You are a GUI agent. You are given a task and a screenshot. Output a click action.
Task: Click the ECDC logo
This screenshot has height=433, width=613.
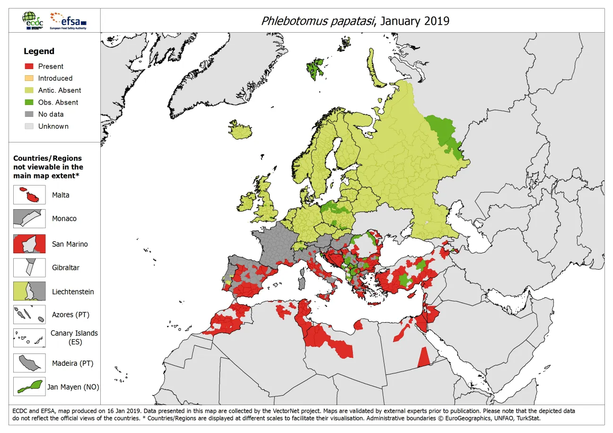[x=34, y=21]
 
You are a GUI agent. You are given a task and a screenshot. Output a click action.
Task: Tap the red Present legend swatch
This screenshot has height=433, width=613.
[x=29, y=66]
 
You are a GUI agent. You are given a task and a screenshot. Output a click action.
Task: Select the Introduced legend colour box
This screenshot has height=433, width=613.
[x=29, y=78]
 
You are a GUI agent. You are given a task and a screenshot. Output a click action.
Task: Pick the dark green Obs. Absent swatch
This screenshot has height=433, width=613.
[x=29, y=102]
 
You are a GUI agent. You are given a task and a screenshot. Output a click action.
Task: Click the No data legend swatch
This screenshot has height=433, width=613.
[x=29, y=114]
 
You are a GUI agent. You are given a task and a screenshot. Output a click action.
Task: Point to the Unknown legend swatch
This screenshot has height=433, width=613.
[x=29, y=126]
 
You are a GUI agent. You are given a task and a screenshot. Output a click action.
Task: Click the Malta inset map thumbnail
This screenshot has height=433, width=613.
[x=29, y=195]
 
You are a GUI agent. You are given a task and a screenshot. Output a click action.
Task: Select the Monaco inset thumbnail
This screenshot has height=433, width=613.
[x=29, y=219]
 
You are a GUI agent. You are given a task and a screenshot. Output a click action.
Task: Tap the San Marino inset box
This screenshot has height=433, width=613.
[x=29, y=244]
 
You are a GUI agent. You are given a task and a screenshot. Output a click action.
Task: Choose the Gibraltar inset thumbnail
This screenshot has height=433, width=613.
[x=29, y=267]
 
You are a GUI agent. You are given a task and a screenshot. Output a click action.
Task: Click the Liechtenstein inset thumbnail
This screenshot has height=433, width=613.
[x=29, y=292]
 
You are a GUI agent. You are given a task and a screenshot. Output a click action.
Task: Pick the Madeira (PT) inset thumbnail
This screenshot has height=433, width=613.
[x=29, y=363]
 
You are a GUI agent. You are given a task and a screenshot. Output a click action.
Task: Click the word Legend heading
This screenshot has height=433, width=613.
[x=39, y=51]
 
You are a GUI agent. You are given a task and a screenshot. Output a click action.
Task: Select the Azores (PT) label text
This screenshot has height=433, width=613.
[x=70, y=315]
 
